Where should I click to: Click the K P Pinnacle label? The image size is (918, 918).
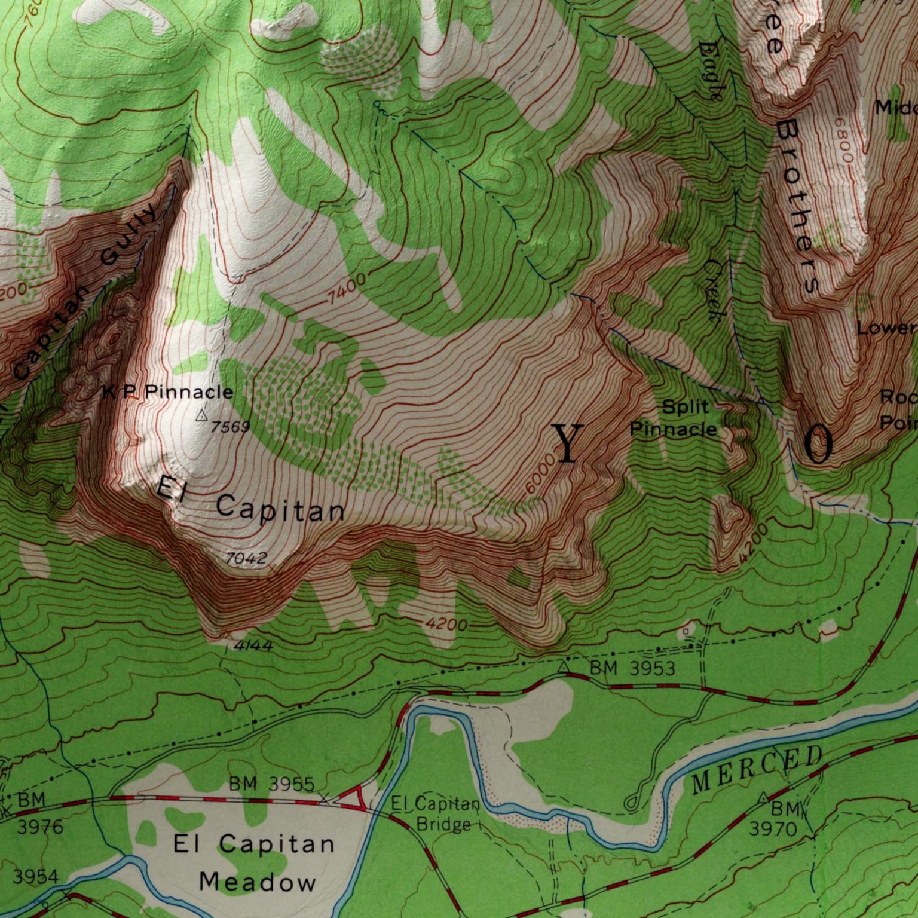click(167, 392)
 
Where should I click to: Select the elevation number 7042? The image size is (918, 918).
click(246, 559)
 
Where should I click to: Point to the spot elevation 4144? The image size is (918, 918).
click(253, 645)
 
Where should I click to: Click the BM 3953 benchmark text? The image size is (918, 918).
click(632, 668)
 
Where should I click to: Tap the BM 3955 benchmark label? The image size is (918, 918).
click(271, 784)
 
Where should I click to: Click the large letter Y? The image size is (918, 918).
click(567, 443)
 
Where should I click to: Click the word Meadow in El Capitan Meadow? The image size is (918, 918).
click(257, 882)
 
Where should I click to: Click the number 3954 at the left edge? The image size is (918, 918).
click(36, 877)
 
